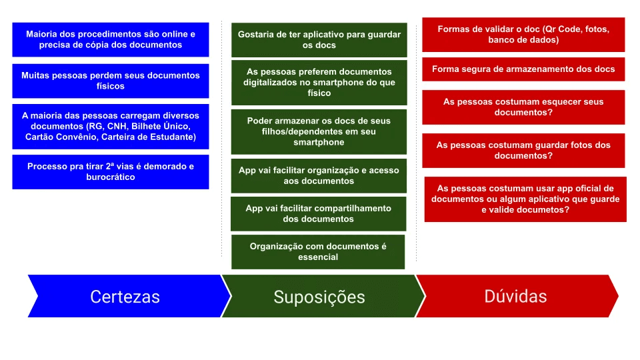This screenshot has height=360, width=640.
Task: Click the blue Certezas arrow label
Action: pos(125,297)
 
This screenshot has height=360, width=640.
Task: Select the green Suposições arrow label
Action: pos(319,297)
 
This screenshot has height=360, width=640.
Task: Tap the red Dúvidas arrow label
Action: pos(515,296)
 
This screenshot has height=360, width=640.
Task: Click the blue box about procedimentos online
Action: pos(111,39)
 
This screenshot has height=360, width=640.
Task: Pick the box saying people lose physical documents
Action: pos(111,81)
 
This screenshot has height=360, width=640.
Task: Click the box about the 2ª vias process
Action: pos(111,171)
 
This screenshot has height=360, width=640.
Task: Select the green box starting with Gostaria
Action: pos(319,40)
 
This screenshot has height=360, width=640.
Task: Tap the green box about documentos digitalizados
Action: pos(319,82)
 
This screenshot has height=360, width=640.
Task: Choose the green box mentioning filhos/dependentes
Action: pos(319,131)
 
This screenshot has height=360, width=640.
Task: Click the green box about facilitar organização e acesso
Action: pos(319,175)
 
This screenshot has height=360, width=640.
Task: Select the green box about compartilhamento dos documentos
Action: pos(319,213)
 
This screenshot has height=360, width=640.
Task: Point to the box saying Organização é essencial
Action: pos(318,251)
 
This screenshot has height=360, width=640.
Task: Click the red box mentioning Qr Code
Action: pos(523,35)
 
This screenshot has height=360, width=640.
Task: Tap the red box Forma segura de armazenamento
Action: pos(523,69)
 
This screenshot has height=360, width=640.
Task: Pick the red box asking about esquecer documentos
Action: pos(523,107)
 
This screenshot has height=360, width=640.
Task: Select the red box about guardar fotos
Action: pos(523,150)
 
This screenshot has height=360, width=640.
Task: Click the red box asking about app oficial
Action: pos(525,199)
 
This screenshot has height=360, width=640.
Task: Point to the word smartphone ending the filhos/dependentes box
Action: pos(319,142)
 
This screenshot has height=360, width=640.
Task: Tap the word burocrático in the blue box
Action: pos(111,177)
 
